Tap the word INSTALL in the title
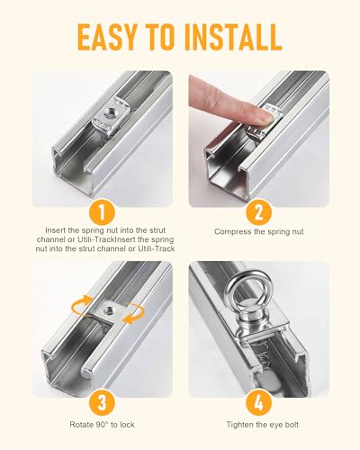233,38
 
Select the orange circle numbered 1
102,212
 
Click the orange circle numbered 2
258,212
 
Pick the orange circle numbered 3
102,403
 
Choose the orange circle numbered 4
258,403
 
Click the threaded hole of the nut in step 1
109,113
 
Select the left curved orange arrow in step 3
81,304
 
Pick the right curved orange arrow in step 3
134,313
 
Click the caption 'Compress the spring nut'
259,231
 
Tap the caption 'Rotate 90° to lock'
102,425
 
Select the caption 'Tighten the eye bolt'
263,425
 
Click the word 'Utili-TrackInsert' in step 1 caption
113,239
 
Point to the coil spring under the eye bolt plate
262,351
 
